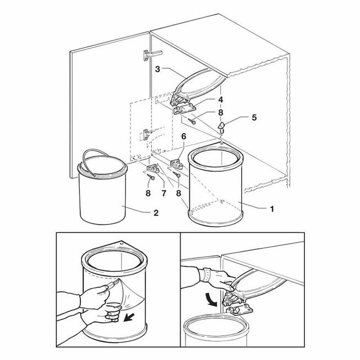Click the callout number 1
coord(272,209)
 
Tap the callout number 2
coord(156,213)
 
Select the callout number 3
coord(157,69)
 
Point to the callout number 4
coord(221,100)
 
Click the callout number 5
coord(254,118)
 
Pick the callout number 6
coord(184,137)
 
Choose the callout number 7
coord(163,193)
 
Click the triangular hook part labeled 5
coord(221,128)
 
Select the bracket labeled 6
coord(176,163)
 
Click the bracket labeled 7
coord(153,169)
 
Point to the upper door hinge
coord(152,55)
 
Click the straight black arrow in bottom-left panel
coord(129,318)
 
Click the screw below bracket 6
coord(177,174)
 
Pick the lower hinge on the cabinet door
coord(147,135)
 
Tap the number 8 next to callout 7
coord(148,193)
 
